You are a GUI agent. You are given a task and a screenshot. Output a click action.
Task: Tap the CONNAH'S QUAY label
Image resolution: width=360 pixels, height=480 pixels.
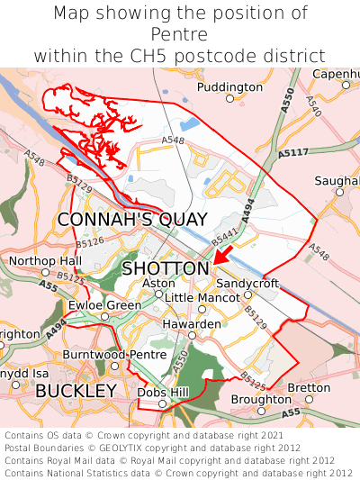132,220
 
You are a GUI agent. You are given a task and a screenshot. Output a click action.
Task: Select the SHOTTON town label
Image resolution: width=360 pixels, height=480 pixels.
165,268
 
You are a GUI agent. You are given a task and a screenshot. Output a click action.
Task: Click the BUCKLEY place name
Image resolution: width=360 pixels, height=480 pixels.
76,391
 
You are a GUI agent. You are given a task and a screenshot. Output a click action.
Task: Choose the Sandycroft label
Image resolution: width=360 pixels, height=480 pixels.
247,283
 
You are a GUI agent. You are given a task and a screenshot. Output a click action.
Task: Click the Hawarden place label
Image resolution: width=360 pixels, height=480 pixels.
192,323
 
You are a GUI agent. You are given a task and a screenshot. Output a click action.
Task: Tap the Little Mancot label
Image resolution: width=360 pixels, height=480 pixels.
202,297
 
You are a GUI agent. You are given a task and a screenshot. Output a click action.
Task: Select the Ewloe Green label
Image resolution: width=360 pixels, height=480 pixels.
105,305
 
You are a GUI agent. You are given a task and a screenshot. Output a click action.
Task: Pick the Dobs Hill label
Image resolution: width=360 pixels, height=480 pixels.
162,393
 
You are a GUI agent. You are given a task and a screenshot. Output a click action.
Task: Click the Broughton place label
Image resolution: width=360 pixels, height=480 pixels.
261,399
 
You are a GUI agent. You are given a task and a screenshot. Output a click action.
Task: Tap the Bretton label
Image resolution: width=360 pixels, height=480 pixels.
310,388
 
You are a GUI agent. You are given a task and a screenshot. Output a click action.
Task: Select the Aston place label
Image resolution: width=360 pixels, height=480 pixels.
159,283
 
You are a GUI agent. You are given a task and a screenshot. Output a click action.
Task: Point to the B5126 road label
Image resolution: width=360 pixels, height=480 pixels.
89,242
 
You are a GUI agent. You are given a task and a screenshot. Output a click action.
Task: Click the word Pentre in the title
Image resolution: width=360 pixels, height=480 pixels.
180,34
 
